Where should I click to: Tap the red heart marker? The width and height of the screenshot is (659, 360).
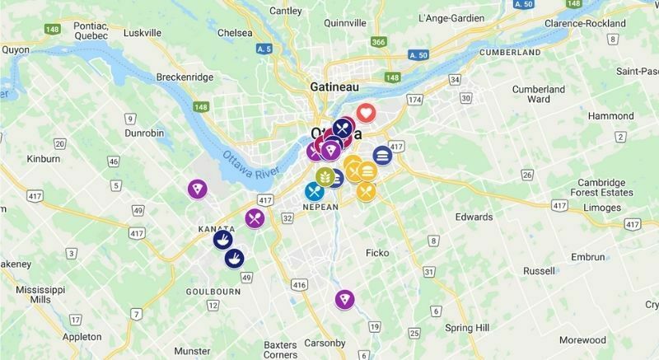pyautogui.click(x=366, y=113)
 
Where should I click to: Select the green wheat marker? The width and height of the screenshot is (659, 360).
pyautogui.click(x=325, y=175)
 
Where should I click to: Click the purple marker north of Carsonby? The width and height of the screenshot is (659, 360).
pyautogui.click(x=344, y=300)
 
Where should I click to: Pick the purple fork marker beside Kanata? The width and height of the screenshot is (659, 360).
pyautogui.click(x=255, y=218)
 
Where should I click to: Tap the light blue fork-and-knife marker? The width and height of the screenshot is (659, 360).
pyautogui.click(x=314, y=192)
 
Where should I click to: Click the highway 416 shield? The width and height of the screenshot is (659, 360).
pyautogui.click(x=298, y=284)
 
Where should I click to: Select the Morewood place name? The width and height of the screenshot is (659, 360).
pyautogui.click(x=582, y=339)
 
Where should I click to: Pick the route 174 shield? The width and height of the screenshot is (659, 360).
pyautogui.click(x=414, y=100)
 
